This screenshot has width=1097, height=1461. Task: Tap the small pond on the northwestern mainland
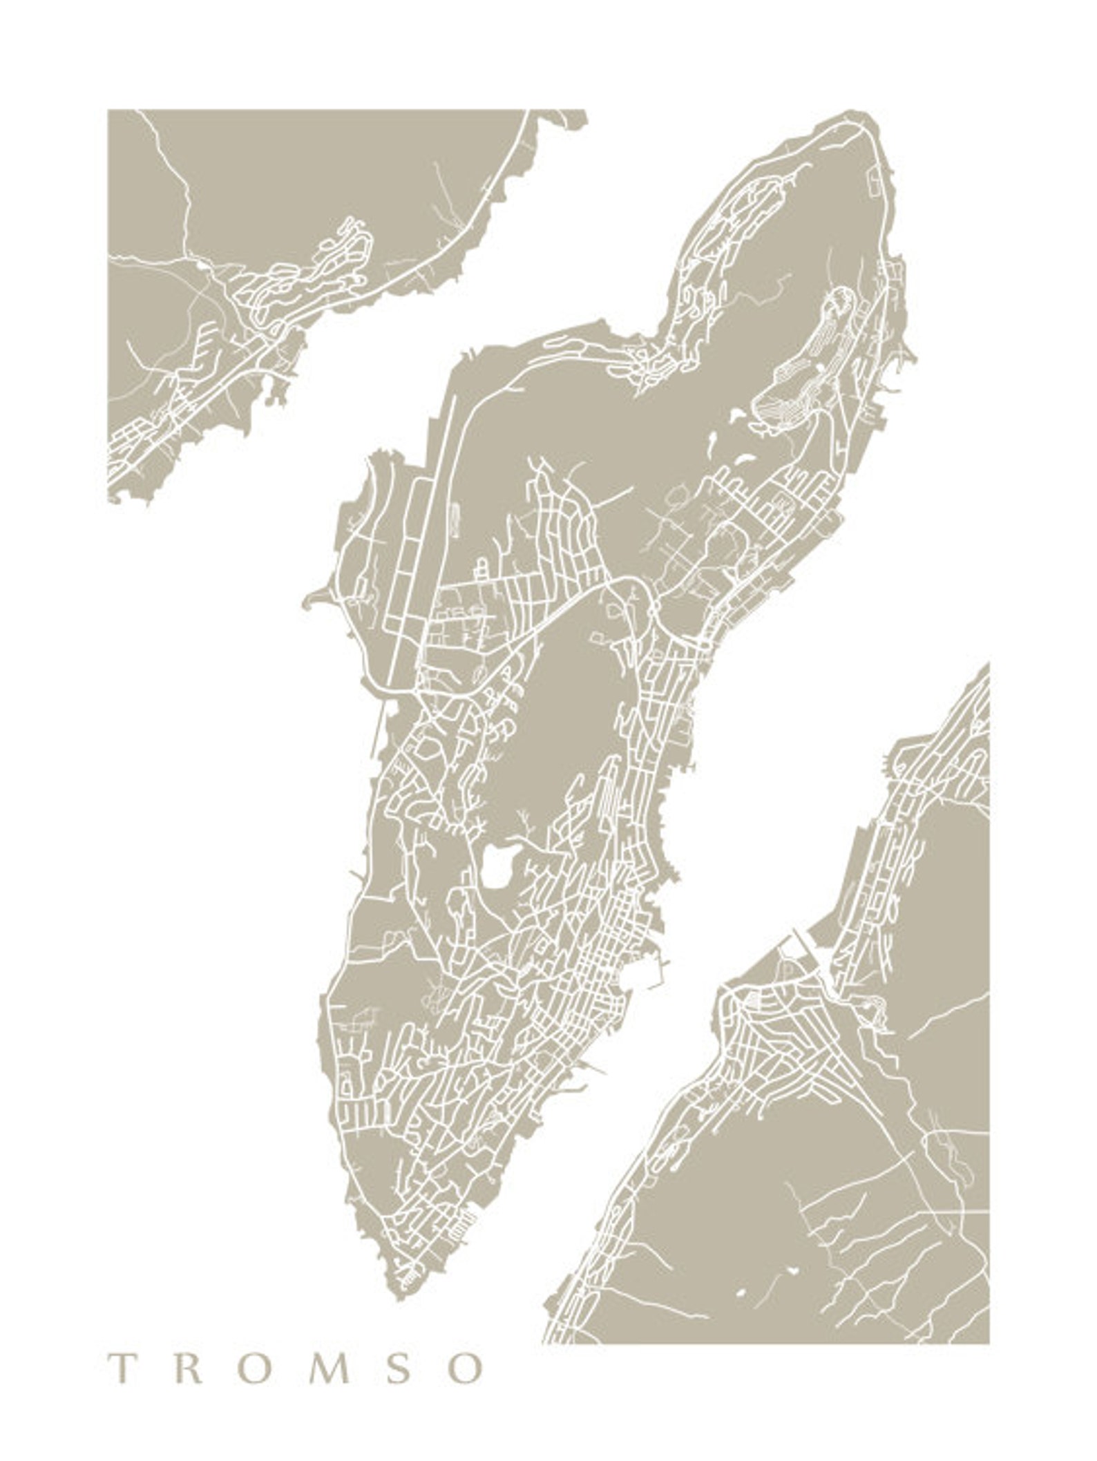(200, 263)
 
